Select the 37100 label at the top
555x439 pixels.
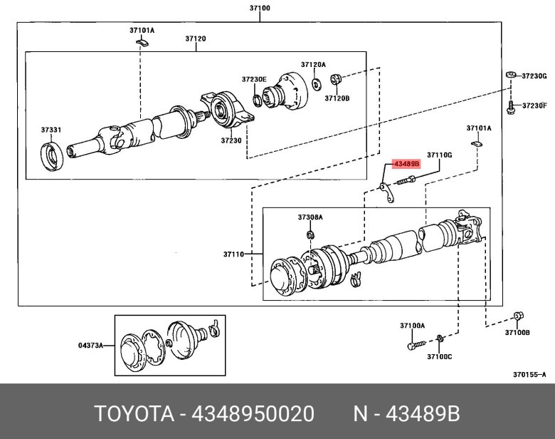coord(260,8)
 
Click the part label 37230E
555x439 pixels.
coord(253,79)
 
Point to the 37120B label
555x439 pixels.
coord(337,98)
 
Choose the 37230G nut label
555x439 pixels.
coord(534,76)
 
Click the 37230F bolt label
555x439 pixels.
coord(534,105)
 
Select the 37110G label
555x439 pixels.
coord(439,154)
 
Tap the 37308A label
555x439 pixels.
coord(310,217)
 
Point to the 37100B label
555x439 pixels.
coord(517,332)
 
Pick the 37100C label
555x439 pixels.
coord(439,356)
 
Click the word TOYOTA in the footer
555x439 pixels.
coord(133,414)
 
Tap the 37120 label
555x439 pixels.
coord(196,38)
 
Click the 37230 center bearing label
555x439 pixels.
coord(231,140)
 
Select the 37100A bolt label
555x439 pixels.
coord(412,326)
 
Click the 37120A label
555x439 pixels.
coord(313,64)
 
